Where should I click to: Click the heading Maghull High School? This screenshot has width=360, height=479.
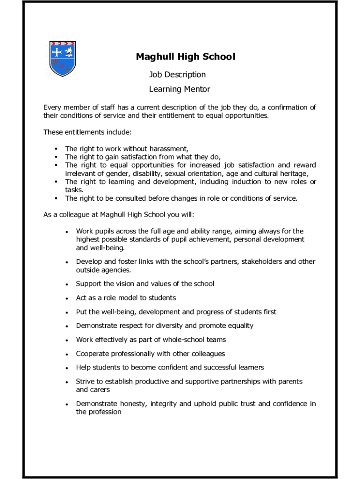click(186, 57)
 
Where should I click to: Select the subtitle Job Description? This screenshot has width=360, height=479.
click(177, 74)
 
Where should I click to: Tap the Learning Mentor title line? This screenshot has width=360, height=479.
click(180, 89)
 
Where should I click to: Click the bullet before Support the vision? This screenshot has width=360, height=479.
click(67, 284)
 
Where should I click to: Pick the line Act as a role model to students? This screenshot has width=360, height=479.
click(126, 298)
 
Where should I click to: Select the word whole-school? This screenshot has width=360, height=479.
click(182, 340)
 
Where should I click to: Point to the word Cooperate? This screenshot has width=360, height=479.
click(92, 354)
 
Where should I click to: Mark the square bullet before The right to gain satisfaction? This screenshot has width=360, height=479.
click(56, 157)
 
